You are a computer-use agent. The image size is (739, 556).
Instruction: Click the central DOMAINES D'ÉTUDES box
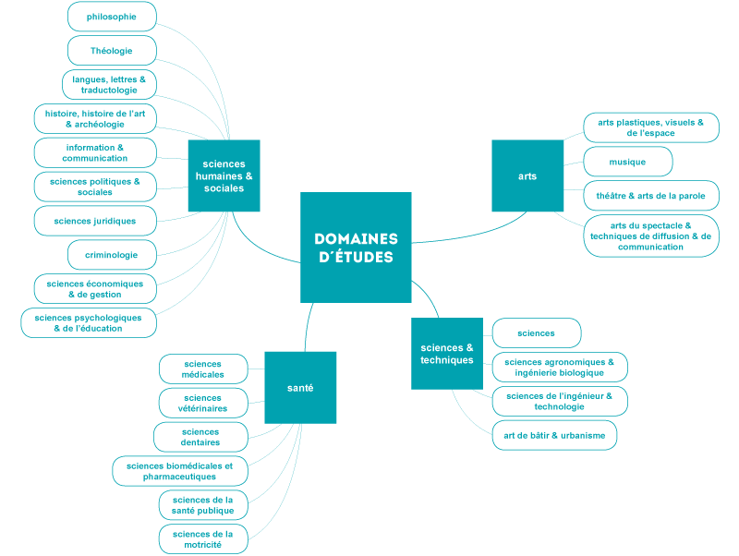tap(356, 248)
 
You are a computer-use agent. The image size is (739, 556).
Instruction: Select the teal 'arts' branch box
tap(527, 175)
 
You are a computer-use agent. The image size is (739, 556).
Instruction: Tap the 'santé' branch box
tap(300, 388)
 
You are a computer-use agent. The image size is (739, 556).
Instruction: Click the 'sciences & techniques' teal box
tap(447, 354)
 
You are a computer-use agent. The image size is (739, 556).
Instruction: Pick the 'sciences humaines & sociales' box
tap(224, 175)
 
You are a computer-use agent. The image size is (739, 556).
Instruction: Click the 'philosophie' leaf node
tap(112, 17)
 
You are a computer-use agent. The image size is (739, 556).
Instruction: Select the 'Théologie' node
tap(112, 51)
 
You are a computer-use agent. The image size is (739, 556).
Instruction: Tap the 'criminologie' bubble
tap(112, 255)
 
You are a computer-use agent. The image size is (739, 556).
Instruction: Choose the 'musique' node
tap(627, 162)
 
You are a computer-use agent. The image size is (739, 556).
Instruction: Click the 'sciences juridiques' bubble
tap(95, 221)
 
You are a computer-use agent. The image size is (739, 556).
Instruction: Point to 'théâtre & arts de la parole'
tap(651, 196)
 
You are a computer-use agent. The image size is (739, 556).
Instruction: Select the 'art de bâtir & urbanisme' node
tap(554, 435)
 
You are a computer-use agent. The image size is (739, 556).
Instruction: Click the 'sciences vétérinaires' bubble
tap(203, 403)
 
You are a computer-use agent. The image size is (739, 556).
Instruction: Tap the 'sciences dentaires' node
tap(200, 437)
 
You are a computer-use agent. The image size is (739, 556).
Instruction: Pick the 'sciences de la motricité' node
tap(203, 539)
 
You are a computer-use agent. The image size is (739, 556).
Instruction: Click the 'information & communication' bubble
tap(95, 152)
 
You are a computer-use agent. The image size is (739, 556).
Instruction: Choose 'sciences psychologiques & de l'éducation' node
tap(89, 322)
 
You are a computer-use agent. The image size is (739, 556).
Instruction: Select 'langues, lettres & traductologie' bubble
tap(109, 85)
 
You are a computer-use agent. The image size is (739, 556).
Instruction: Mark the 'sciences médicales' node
tap(203, 369)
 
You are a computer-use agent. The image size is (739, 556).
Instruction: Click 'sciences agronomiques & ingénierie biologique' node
tap(560, 367)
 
